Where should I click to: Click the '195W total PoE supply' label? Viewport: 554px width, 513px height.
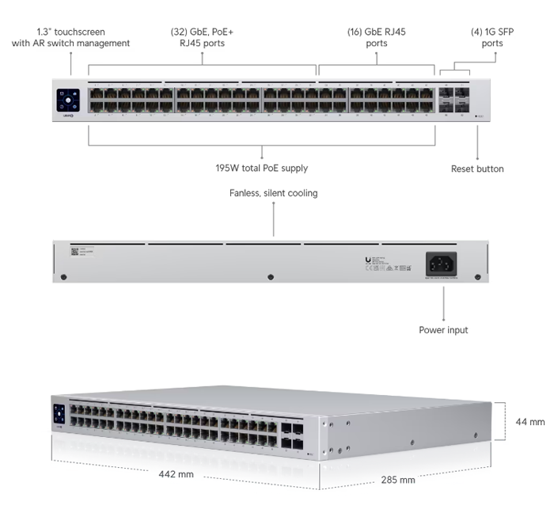[x=261, y=168]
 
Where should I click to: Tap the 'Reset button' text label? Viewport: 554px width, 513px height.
[x=477, y=169]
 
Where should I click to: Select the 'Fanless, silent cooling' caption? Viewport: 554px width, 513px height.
[x=273, y=193]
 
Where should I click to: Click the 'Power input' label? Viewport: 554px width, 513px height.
[x=443, y=329]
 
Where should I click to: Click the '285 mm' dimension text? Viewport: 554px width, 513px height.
[x=397, y=480]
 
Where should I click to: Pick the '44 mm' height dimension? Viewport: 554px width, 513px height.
[x=529, y=422]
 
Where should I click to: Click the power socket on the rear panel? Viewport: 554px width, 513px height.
[x=443, y=263]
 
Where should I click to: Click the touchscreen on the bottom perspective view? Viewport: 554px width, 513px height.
[x=59, y=415]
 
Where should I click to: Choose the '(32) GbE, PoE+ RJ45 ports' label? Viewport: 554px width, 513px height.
[x=203, y=37]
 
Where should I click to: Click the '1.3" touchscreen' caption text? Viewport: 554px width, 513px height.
[x=70, y=37]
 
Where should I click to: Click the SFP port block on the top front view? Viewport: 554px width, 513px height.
[x=453, y=100]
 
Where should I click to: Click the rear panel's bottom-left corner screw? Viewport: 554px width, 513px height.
[x=64, y=277]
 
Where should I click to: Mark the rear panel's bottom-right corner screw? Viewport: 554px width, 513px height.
[x=477, y=277]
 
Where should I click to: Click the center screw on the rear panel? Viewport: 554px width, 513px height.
[x=271, y=277]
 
